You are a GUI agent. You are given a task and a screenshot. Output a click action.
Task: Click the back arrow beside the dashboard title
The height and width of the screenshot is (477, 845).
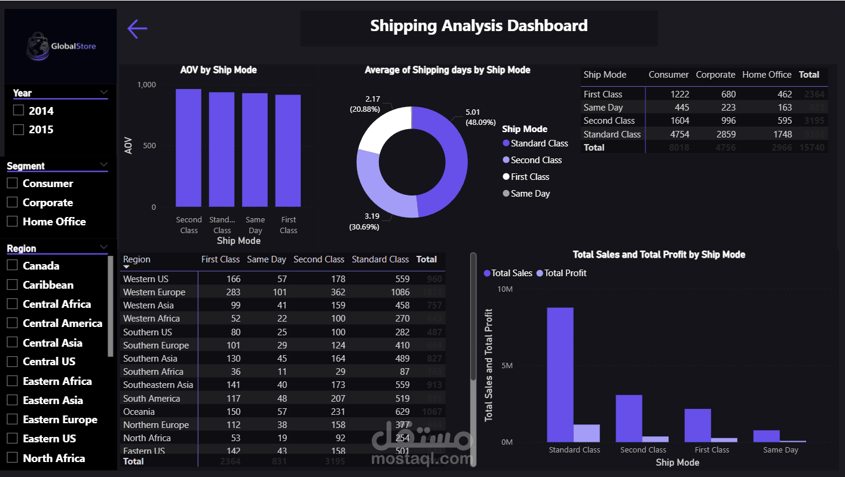137,28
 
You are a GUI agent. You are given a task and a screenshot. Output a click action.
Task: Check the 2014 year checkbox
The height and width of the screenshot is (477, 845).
19,111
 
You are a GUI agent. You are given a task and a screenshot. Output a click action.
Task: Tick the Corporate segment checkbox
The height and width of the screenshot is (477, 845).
12,203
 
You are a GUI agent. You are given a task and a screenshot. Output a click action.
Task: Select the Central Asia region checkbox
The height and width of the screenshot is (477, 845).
12,343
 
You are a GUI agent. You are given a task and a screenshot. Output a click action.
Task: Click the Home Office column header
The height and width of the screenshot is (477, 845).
767,75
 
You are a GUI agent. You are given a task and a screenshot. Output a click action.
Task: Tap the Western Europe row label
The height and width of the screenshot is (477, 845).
154,292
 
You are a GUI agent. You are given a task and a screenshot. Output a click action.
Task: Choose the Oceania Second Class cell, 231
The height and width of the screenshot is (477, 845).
337,411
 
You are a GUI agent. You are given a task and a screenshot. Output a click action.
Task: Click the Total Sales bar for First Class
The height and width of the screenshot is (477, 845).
697,425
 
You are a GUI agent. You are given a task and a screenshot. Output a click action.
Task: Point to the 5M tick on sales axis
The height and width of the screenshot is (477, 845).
506,366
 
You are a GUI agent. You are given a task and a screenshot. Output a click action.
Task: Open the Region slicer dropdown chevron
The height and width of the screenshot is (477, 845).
104,247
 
